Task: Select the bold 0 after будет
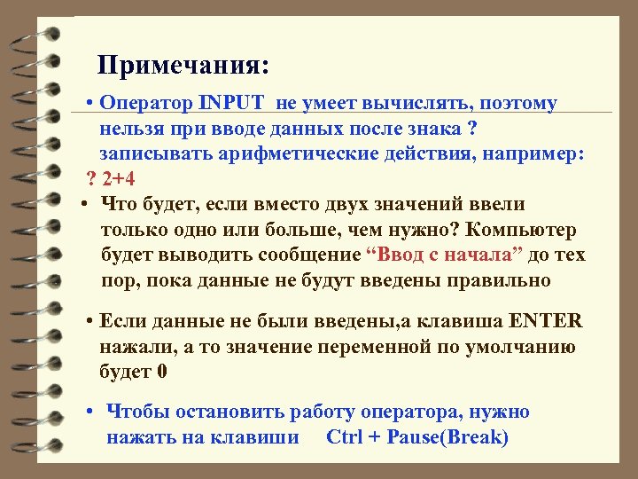tap(161, 371)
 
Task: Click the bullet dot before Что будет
tap(82, 205)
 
